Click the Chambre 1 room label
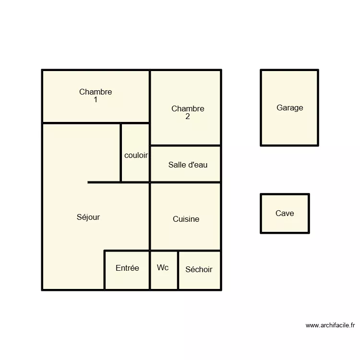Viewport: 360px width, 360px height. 96,92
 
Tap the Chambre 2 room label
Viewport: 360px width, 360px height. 188,109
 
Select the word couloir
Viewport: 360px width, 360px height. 136,156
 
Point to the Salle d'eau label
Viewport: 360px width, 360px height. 188,165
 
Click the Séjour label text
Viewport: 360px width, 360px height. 88,217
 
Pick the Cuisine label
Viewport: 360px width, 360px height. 186,219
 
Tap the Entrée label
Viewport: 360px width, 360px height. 127,268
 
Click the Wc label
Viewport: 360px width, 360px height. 163,267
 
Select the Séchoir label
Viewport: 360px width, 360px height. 199,269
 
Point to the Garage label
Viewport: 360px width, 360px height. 289,108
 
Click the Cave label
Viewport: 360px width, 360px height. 285,213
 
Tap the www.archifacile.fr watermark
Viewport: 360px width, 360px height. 330,325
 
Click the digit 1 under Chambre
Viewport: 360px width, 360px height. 96,100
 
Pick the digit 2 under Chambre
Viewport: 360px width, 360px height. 187,117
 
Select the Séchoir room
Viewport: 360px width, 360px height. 200,281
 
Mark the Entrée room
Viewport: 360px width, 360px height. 127,281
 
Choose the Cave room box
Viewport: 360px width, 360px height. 285,223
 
